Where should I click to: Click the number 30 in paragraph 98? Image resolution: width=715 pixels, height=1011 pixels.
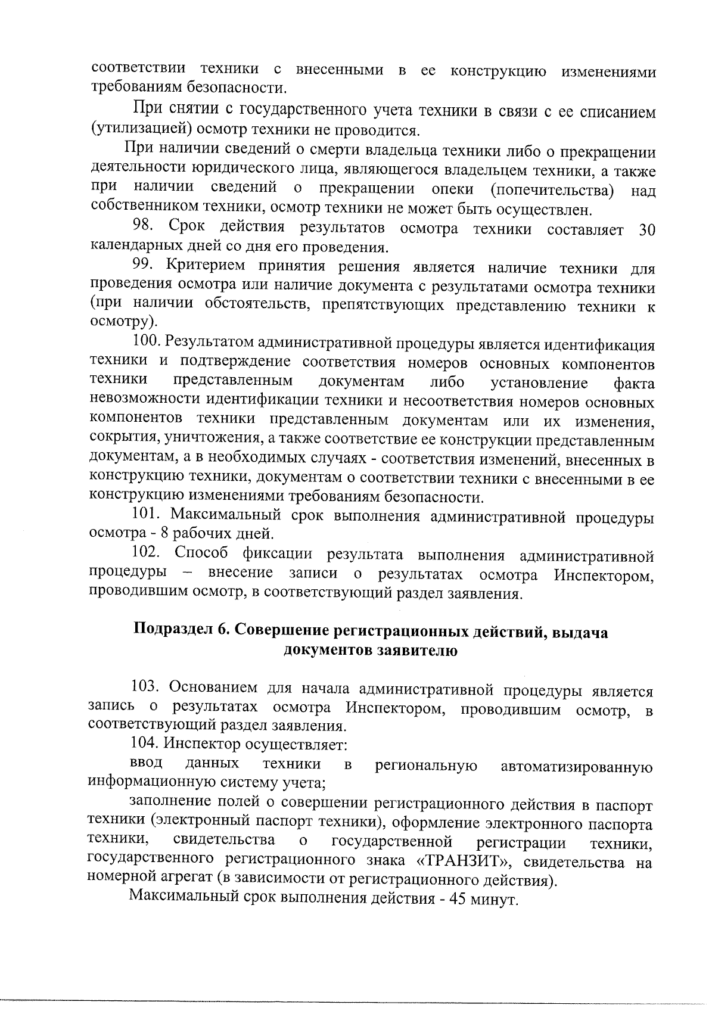[x=646, y=231]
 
